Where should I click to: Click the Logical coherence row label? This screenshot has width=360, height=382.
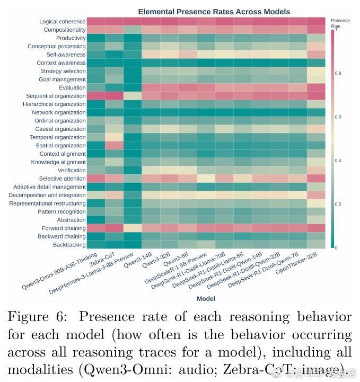tap(63, 22)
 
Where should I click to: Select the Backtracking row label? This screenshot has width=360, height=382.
tap(69, 245)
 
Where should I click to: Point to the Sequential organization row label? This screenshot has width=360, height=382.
tap(56, 96)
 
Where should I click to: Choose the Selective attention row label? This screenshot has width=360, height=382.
tap(62, 179)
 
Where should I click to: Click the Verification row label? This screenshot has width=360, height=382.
tap(72, 170)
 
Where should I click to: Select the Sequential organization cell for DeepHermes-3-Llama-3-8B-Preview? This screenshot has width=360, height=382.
tap(133, 96)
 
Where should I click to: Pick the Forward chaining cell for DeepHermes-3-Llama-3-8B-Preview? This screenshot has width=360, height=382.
tap(133, 228)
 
